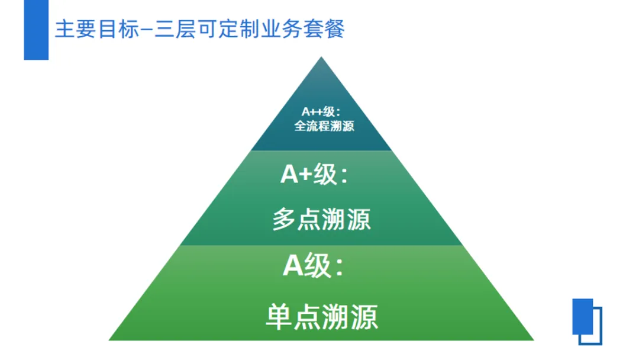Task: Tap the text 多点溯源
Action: [x=321, y=220]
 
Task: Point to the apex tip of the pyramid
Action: [x=321, y=59]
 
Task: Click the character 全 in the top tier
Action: [x=300, y=126]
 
